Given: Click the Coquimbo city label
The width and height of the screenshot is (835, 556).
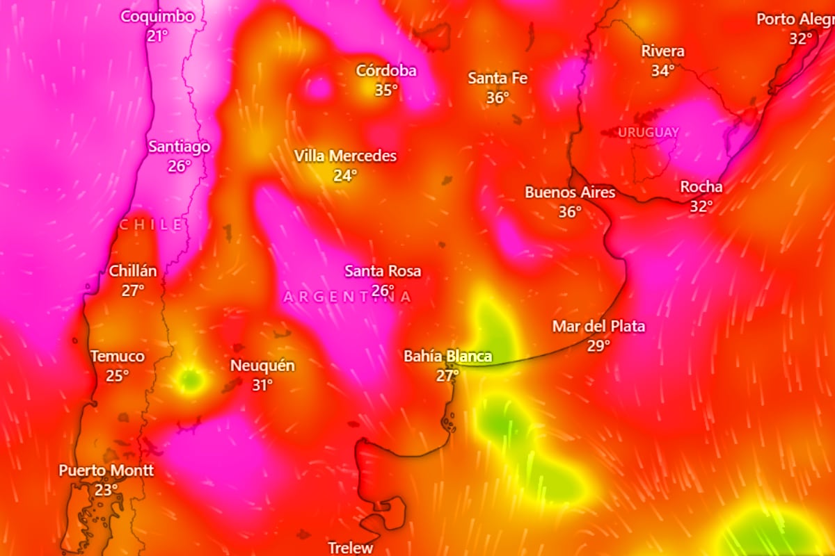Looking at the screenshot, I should [x=157, y=17].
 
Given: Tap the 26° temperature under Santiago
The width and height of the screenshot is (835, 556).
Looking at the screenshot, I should [x=179, y=166].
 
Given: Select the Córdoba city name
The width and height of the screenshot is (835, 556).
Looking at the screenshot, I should [x=386, y=71].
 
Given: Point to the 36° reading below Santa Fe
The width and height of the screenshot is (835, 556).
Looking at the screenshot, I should [x=498, y=98].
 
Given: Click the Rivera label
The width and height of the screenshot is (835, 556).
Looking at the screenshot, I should [x=662, y=51].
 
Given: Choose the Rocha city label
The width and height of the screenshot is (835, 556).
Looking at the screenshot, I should [x=701, y=187].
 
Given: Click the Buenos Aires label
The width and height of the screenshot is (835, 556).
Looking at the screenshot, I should [x=570, y=193].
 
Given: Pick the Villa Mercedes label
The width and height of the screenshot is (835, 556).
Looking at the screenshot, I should [x=345, y=156].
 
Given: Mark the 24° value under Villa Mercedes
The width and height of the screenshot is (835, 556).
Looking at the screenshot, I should [x=344, y=175].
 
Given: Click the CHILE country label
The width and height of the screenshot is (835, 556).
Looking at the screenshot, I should [x=152, y=224].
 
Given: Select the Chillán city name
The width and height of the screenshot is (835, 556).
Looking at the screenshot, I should [x=133, y=271].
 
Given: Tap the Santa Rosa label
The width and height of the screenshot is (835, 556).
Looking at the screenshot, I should [x=383, y=271].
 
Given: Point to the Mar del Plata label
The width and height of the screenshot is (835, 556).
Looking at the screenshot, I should [x=598, y=326].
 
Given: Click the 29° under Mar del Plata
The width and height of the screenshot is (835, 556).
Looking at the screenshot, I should [x=598, y=345].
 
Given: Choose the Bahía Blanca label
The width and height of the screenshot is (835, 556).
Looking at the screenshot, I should [x=448, y=357].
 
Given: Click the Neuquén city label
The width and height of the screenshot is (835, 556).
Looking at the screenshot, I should [x=262, y=366].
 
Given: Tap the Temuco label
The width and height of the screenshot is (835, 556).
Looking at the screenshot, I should [x=118, y=357].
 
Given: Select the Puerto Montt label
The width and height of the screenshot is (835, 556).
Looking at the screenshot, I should [x=106, y=471].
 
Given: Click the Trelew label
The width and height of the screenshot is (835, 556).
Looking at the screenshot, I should [x=351, y=548].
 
